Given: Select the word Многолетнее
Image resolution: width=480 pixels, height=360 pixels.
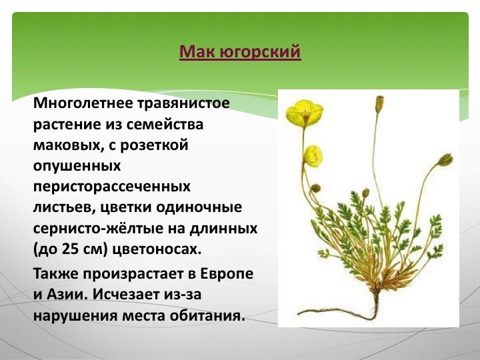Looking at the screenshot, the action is pyautogui.click(x=83, y=103).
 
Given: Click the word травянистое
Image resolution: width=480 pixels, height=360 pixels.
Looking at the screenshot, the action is pyautogui.click(x=183, y=104).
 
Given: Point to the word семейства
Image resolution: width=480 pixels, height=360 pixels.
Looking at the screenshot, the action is pyautogui.click(x=165, y=125).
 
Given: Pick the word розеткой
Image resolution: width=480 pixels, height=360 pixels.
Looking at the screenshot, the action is pyautogui.click(x=154, y=145).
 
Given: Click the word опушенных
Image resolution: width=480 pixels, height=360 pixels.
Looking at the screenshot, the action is pyautogui.click(x=77, y=166).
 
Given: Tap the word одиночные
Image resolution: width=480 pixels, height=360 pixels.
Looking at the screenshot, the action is pyautogui.click(x=199, y=208).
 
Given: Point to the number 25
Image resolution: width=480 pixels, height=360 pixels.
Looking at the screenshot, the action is pyautogui.click(x=71, y=249).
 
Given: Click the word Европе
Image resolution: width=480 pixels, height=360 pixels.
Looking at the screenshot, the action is pyautogui.click(x=227, y=274).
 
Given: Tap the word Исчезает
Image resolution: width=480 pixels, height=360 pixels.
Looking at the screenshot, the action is pyautogui.click(x=127, y=295).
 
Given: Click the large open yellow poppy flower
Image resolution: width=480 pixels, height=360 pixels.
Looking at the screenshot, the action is pyautogui.click(x=305, y=113).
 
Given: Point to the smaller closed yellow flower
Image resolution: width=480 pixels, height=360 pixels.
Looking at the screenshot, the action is pyautogui.click(x=312, y=156).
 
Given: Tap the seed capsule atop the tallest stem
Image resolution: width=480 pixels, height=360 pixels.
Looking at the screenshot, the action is pyautogui.click(x=379, y=103).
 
